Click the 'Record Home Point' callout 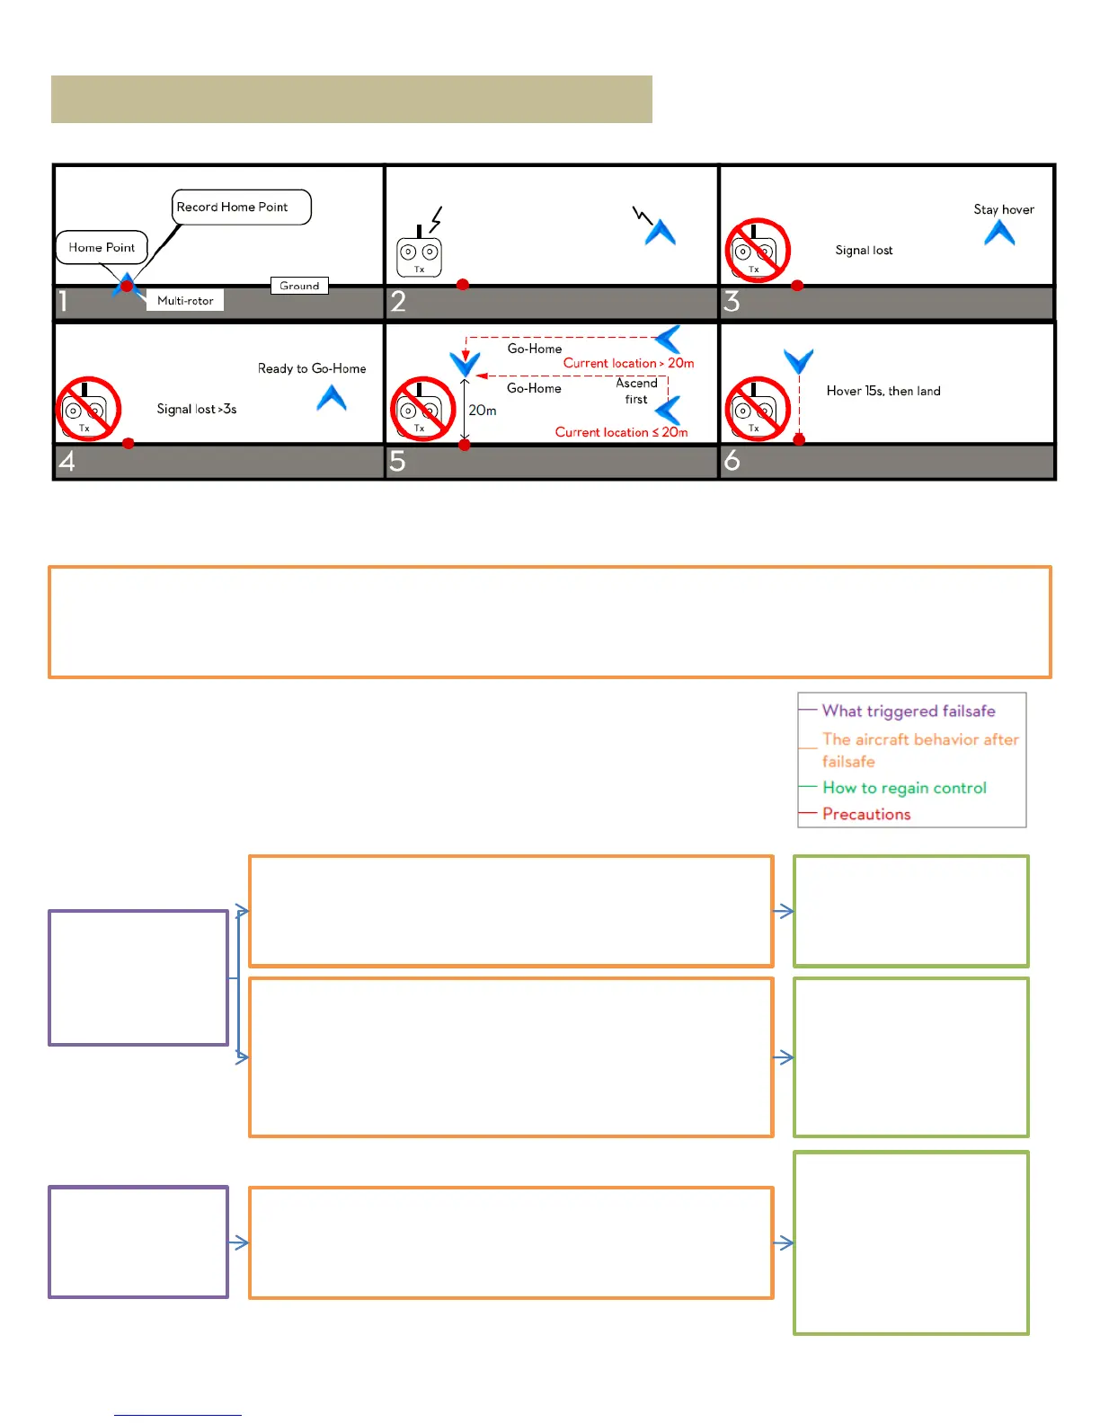point(241,207)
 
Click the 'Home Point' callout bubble point(102,247)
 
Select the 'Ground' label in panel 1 point(299,286)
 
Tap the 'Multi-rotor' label point(185,300)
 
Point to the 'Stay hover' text point(1004,209)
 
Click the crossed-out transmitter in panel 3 point(758,251)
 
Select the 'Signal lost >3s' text point(197,409)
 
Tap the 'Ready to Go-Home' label point(312,368)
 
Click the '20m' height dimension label point(483,411)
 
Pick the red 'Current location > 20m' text point(628,363)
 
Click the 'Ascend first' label point(636,391)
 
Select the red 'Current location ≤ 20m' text point(621,432)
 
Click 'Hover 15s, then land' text point(883,391)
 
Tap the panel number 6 point(732,461)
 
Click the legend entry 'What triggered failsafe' point(909,711)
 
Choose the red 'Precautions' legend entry point(866,814)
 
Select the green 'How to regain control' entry point(904,788)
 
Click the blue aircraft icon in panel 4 point(332,398)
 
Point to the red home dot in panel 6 point(799,440)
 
